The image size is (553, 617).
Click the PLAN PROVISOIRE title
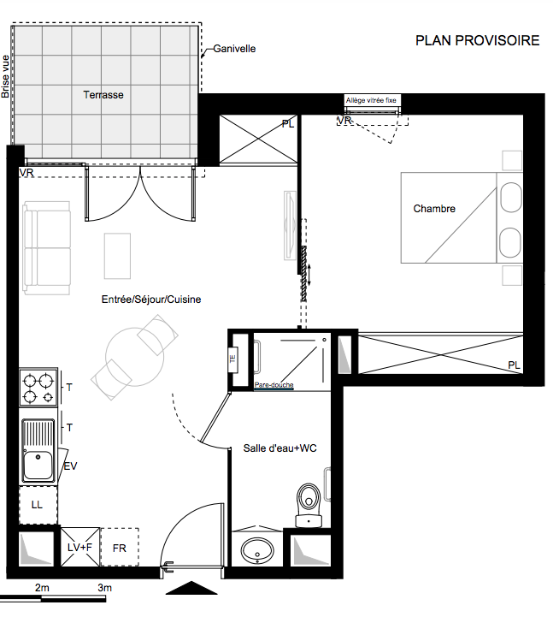point(477,40)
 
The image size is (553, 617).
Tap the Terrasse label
point(103,95)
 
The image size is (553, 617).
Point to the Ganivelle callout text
point(234,49)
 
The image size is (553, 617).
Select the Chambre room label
point(434,209)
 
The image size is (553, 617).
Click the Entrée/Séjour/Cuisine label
point(151,300)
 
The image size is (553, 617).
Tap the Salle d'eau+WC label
point(279,448)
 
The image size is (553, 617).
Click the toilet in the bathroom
point(309,506)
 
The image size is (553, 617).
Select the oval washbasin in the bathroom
point(257,550)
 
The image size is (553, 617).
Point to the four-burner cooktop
point(38,388)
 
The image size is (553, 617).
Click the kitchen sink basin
point(38,466)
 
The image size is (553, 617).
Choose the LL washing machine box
point(38,505)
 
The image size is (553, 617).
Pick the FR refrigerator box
point(120,548)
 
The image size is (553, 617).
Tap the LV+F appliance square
point(79,547)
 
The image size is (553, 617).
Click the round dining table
point(134,357)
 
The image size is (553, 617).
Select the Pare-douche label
point(274,385)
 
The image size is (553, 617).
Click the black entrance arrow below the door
point(191,588)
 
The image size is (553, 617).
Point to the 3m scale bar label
point(105,588)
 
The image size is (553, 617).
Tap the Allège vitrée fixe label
point(371,100)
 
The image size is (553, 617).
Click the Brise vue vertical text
point(5,76)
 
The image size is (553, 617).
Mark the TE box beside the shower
point(232,359)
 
